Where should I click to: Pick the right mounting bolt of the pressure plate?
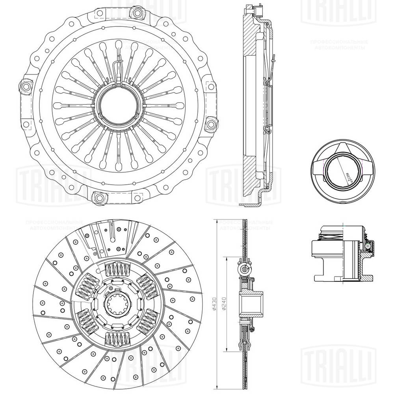click(x=212, y=125)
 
